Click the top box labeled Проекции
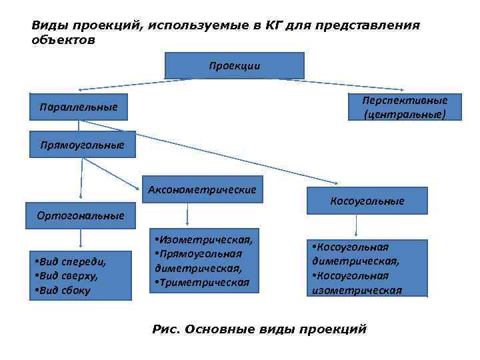coord(234,65)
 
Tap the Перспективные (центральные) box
coord(404,107)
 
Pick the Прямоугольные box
coord(83,144)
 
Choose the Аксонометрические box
coord(202,189)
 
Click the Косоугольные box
coord(367,201)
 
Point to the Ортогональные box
coord(80,215)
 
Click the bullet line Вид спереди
coord(73,262)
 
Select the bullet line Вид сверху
coord(69,276)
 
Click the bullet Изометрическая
coord(204,239)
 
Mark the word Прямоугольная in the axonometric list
coord(199,253)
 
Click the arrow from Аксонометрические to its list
coord(187,215)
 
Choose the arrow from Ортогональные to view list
coord(81,239)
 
